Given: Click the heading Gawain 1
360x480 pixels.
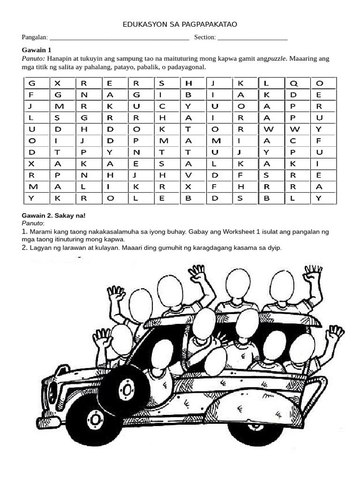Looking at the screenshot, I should pos(37,50).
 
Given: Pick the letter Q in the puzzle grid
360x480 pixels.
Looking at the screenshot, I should pos(293,83).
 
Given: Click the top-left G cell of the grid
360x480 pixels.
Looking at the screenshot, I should pos(32,83).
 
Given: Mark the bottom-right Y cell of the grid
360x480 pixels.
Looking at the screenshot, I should pos(319,198).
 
